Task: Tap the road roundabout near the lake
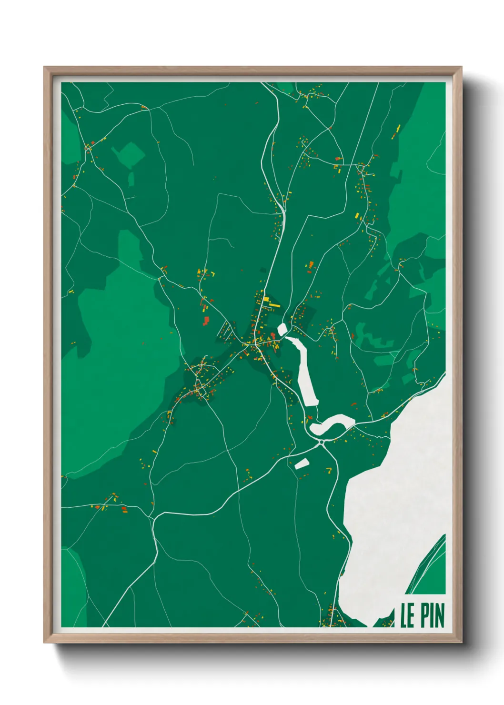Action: [x=322, y=443]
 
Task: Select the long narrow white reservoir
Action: [x=307, y=374]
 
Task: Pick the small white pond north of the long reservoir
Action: [x=282, y=329]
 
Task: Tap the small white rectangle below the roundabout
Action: [x=302, y=463]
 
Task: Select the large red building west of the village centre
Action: [x=206, y=321]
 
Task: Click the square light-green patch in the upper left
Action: [x=128, y=154]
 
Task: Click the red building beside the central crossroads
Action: [x=273, y=336]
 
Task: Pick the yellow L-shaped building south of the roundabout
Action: [x=328, y=471]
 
